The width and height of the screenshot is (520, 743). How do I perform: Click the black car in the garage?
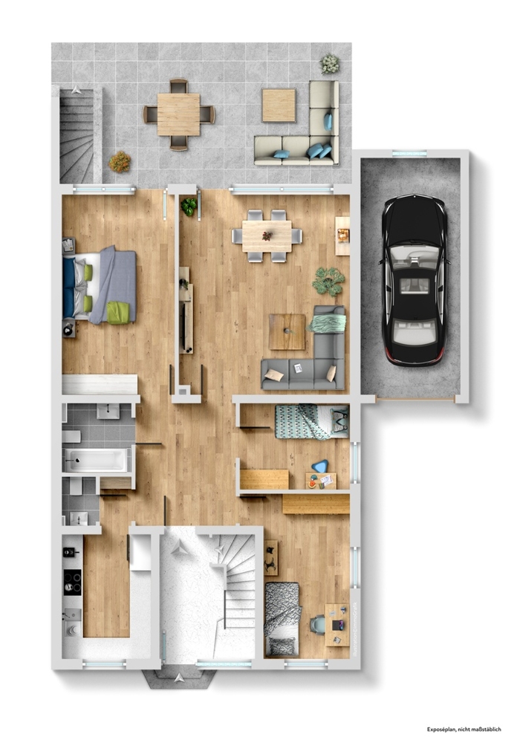[x=415, y=279]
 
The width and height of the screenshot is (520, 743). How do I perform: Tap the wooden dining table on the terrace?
[x=178, y=114]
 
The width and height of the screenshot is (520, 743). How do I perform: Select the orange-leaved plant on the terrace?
[x=120, y=161]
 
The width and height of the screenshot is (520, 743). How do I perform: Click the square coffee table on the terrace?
[x=279, y=106]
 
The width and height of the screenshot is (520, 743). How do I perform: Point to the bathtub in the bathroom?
[x=96, y=460]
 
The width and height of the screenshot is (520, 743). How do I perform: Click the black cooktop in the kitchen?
[x=73, y=582]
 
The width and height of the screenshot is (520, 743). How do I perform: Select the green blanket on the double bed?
[x=118, y=313]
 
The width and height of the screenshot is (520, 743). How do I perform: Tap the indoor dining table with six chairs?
[x=267, y=236]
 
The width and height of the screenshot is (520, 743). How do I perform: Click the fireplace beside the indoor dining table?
[x=342, y=236]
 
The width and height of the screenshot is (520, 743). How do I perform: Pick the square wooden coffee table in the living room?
[x=287, y=331]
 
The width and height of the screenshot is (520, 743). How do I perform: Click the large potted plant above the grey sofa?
[x=328, y=281]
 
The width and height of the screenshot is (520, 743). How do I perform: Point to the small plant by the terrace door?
[x=189, y=207]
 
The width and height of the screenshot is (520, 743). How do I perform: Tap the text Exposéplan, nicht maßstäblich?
[x=464, y=730]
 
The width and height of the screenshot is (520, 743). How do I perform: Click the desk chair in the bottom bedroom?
[x=318, y=624]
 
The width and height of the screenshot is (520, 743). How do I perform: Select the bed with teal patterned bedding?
[x=311, y=421]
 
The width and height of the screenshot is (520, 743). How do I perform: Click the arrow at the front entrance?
[x=180, y=678]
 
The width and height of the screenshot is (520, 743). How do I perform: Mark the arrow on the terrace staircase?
[x=77, y=88]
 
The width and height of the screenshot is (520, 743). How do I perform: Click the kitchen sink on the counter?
[x=73, y=615]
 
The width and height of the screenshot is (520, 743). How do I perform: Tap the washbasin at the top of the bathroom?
[x=108, y=411]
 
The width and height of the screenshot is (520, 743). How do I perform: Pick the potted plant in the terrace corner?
[x=330, y=63]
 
